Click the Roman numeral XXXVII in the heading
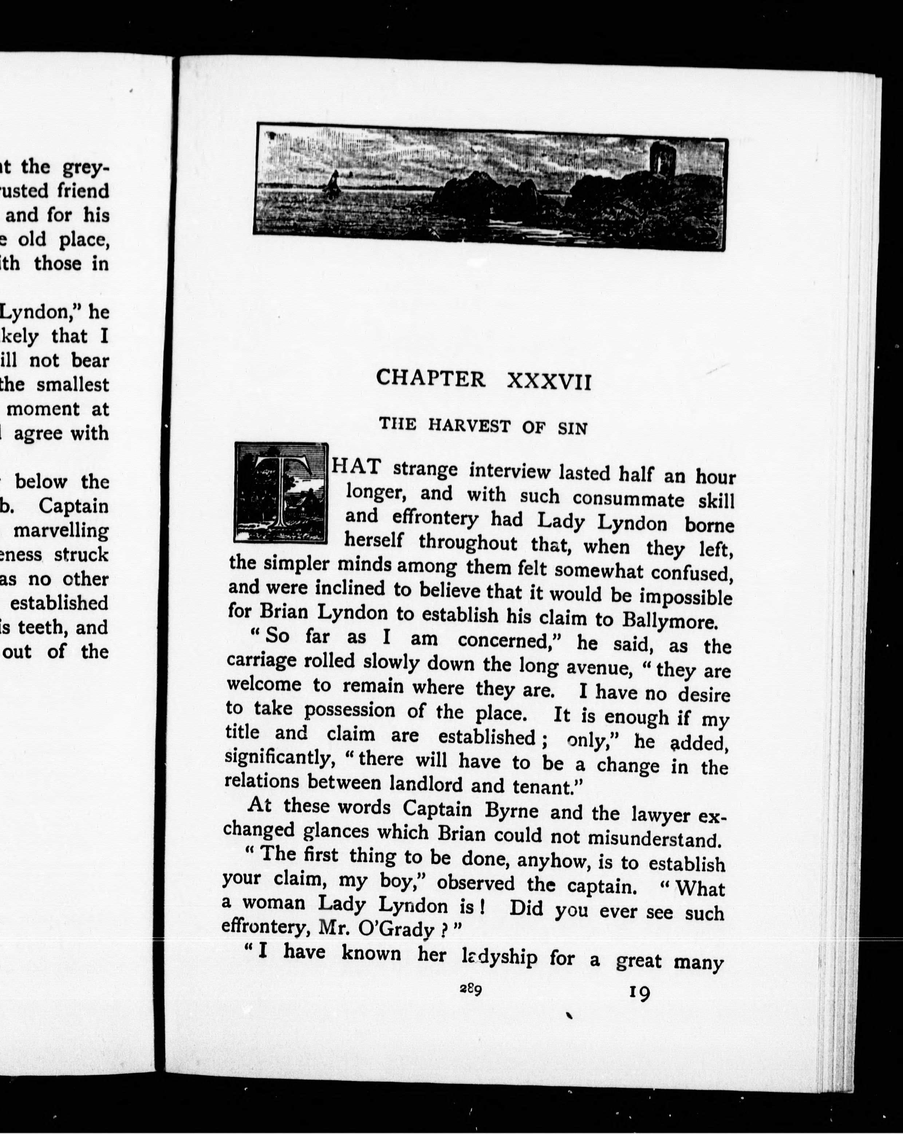click(549, 381)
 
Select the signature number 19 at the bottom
click(639, 993)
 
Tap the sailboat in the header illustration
click(332, 184)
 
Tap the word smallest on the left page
click(80, 384)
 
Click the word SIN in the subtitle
click(572, 428)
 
